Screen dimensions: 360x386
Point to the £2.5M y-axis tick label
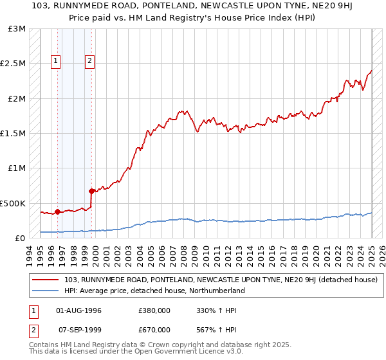(14, 64)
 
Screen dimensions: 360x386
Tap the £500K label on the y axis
(13, 203)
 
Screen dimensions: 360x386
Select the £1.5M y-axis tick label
(14, 134)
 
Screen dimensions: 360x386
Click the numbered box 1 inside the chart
(56, 62)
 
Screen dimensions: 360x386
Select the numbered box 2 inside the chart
(89, 62)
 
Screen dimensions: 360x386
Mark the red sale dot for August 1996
(58, 211)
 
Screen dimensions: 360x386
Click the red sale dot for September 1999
(91, 191)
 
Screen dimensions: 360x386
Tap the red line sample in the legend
(46, 280)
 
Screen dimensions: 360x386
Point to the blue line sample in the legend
(46, 291)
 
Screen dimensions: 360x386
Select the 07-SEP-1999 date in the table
(79, 330)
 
